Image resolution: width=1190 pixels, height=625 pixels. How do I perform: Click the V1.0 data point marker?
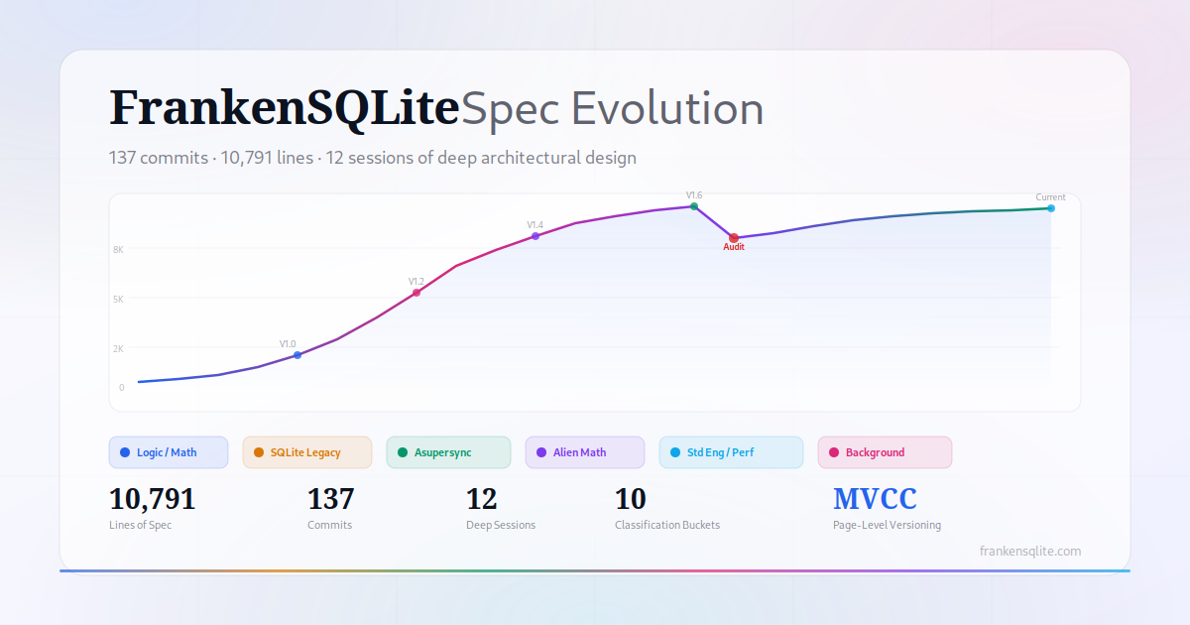297,355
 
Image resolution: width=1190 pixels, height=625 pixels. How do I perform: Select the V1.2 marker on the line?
416,293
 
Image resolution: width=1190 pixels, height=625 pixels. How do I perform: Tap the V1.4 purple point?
535,236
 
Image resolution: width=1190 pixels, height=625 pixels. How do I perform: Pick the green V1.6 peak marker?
694,206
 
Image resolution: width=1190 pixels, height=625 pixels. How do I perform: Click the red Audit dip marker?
734,237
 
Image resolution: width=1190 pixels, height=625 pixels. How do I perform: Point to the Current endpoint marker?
1051,208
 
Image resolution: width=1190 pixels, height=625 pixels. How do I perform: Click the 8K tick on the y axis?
118,249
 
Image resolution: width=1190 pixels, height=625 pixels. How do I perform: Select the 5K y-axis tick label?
118,300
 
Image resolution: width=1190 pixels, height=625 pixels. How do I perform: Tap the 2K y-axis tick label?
118,348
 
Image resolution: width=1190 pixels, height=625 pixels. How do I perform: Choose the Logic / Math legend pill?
169,452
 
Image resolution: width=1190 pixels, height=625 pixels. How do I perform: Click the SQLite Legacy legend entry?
307,452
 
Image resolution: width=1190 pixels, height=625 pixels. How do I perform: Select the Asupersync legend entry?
448,452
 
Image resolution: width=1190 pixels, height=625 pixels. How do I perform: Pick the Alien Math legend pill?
585,452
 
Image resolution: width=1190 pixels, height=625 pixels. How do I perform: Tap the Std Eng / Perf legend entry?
731,452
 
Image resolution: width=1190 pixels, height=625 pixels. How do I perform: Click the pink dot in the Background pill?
834,452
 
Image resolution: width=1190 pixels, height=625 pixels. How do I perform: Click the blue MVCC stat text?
875,498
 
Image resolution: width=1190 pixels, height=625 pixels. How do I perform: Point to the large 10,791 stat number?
153,499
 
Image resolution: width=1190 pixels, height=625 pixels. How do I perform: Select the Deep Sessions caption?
501,525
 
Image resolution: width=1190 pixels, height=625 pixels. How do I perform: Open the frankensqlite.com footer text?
1030,552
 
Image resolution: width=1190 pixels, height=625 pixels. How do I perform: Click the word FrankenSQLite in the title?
285,108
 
